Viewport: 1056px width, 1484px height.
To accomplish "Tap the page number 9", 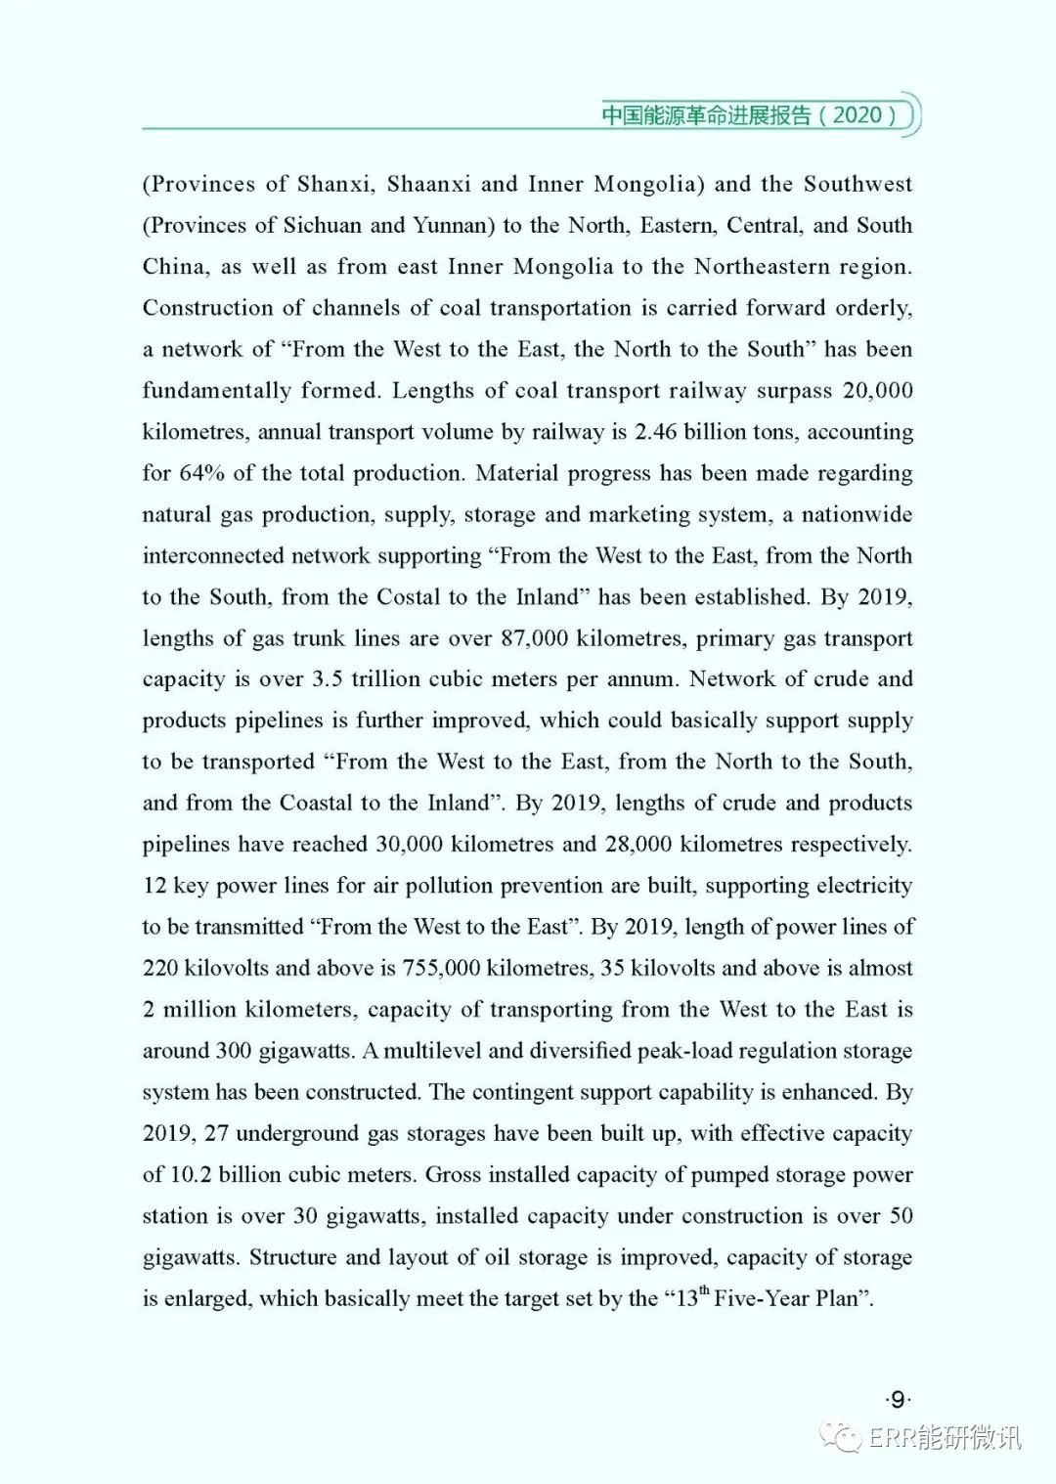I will point(897,1400).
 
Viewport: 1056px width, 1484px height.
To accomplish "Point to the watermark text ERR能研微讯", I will point(945,1437).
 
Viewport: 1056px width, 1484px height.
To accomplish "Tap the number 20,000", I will point(877,390).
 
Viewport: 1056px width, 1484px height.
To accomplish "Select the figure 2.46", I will point(654,432).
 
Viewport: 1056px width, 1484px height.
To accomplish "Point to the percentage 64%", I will point(201,473).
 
